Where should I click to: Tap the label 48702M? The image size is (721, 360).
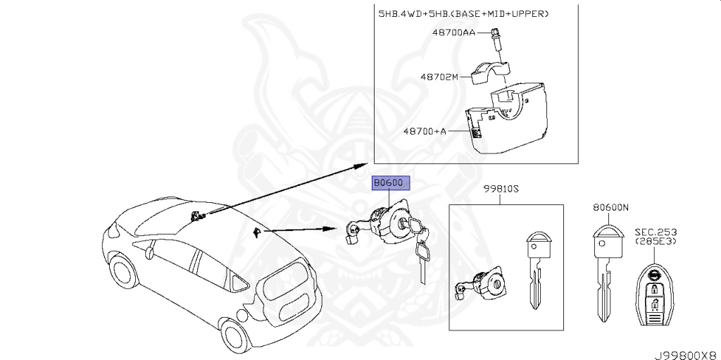(x=440, y=77)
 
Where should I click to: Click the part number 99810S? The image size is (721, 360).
(x=501, y=189)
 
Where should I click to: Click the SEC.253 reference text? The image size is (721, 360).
(x=656, y=232)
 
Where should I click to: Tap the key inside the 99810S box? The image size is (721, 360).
(x=538, y=268)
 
